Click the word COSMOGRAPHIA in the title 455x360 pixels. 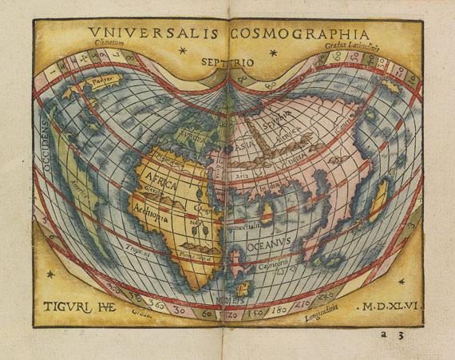pyautogui.click(x=299, y=34)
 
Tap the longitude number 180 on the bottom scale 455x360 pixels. pyautogui.click(x=280, y=308)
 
